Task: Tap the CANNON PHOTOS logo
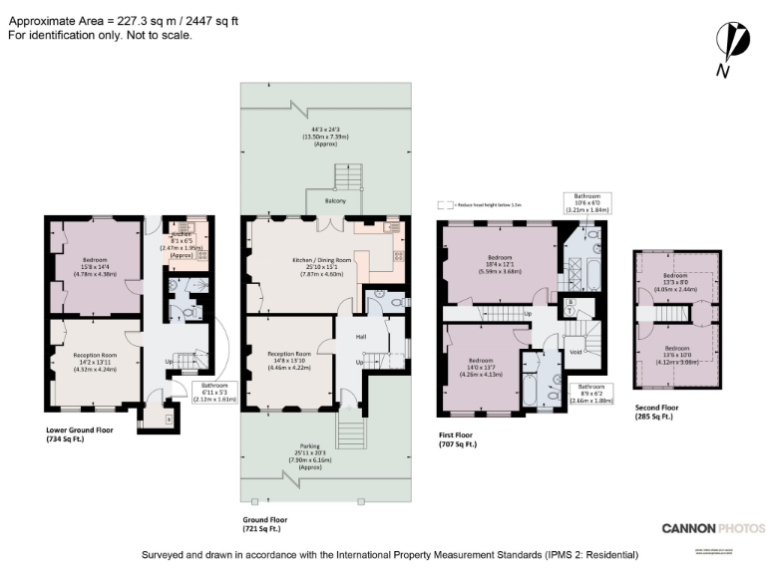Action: [713, 528]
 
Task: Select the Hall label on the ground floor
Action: [361, 337]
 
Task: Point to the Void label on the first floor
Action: [574, 351]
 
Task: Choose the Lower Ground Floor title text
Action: [81, 430]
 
